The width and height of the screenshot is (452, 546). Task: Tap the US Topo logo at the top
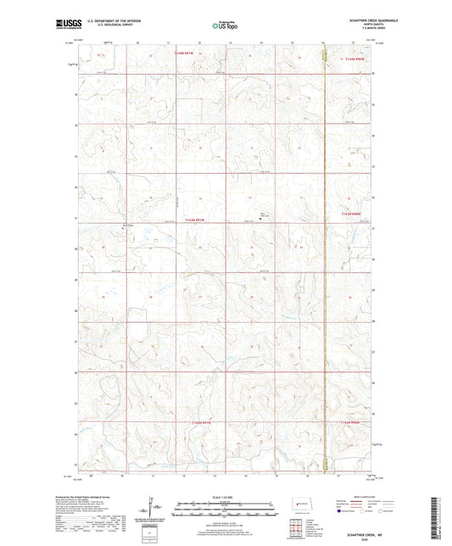(222, 25)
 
